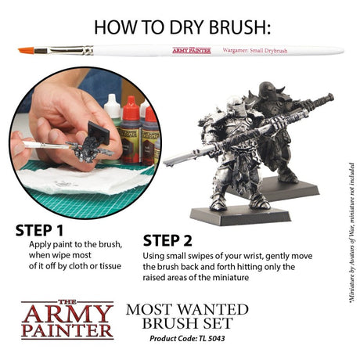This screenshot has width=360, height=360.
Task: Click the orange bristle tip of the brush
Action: pos(26,52)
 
